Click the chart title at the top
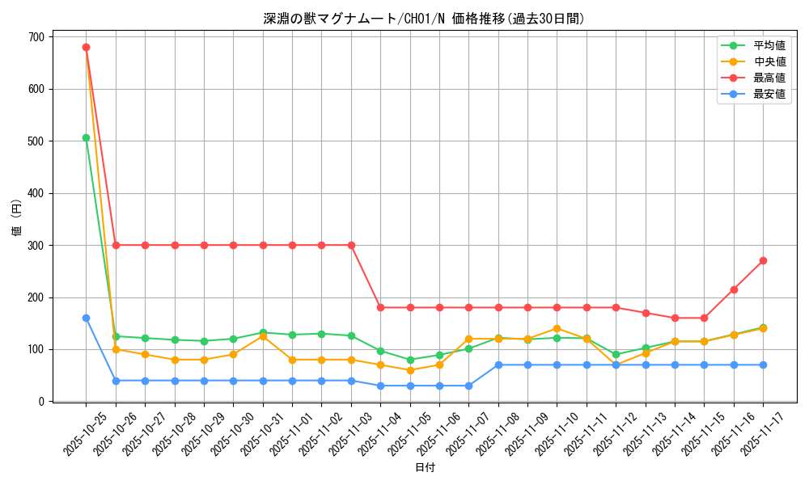(424, 19)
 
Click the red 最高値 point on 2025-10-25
(86, 47)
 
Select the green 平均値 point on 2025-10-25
(86, 137)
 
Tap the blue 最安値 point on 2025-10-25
(86, 318)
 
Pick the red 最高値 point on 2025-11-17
(763, 260)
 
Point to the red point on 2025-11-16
(734, 289)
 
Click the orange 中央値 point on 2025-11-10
(557, 328)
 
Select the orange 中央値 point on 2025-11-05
(410, 370)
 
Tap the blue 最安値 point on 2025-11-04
(380, 386)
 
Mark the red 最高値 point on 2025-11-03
(351, 245)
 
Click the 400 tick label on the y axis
(36, 193)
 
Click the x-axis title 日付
(425, 468)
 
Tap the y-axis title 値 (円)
(17, 218)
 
